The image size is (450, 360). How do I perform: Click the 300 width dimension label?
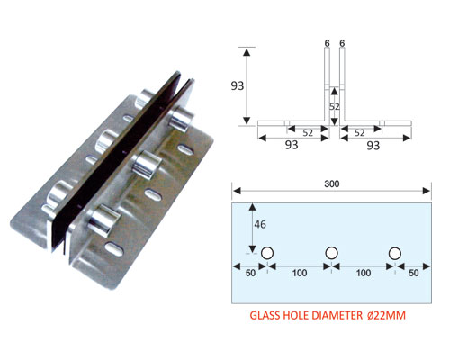click(x=332, y=184)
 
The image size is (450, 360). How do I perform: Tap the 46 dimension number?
click(x=260, y=224)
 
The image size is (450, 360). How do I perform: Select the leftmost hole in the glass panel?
click(x=267, y=253)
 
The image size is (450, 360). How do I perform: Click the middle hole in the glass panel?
click(x=331, y=253)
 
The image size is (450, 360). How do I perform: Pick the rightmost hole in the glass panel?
click(x=395, y=254)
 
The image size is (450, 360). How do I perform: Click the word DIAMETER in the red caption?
click(x=337, y=316)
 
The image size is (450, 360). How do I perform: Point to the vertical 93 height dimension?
click(x=238, y=86)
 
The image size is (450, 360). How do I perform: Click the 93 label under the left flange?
click(x=292, y=145)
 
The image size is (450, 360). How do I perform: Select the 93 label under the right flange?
click(x=373, y=146)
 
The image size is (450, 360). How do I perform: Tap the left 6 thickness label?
click(x=327, y=43)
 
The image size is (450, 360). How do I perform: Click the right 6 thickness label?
click(x=342, y=43)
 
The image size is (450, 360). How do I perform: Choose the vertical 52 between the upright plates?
click(x=335, y=106)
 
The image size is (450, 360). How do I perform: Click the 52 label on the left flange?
click(x=308, y=132)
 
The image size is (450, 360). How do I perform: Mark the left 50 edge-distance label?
click(x=250, y=273)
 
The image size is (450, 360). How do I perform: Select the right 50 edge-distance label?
click(x=413, y=273)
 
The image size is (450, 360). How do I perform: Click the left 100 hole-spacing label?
click(x=300, y=273)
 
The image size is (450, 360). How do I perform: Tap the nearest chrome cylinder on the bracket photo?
click(x=104, y=219)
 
